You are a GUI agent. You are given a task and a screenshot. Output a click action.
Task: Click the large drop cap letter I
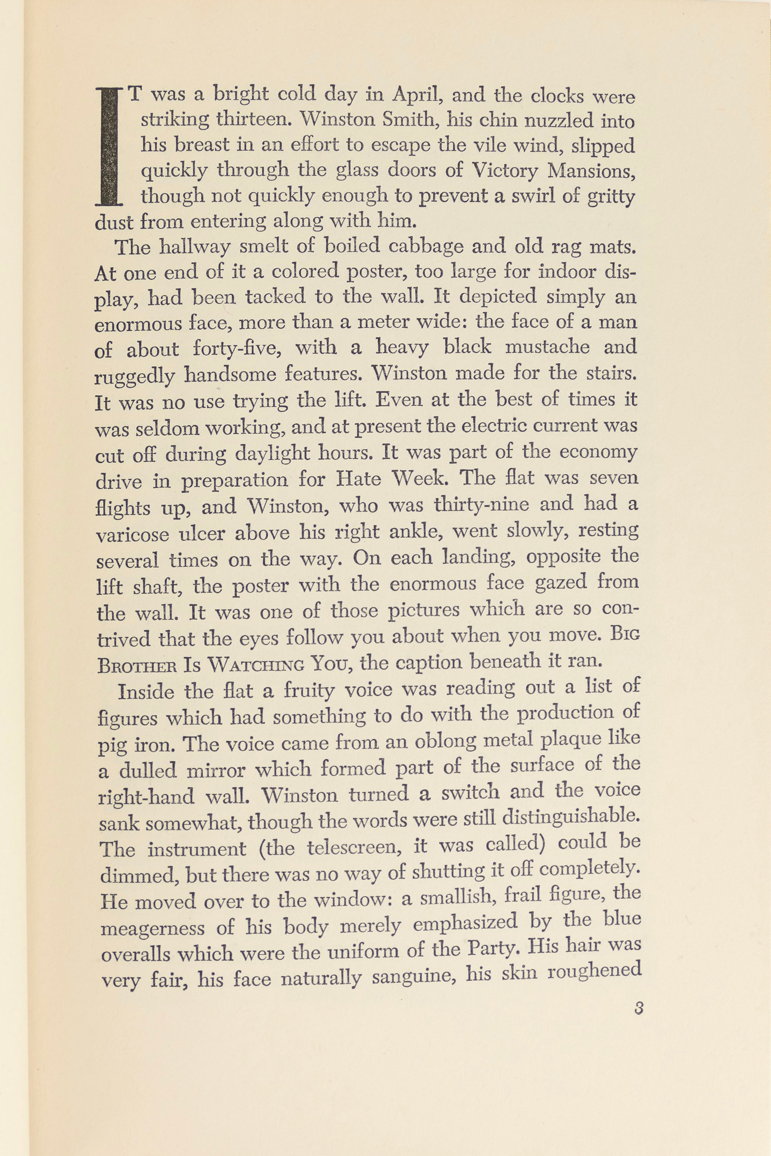pos(109,146)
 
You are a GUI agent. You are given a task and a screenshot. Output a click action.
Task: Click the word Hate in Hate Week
pos(358,478)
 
